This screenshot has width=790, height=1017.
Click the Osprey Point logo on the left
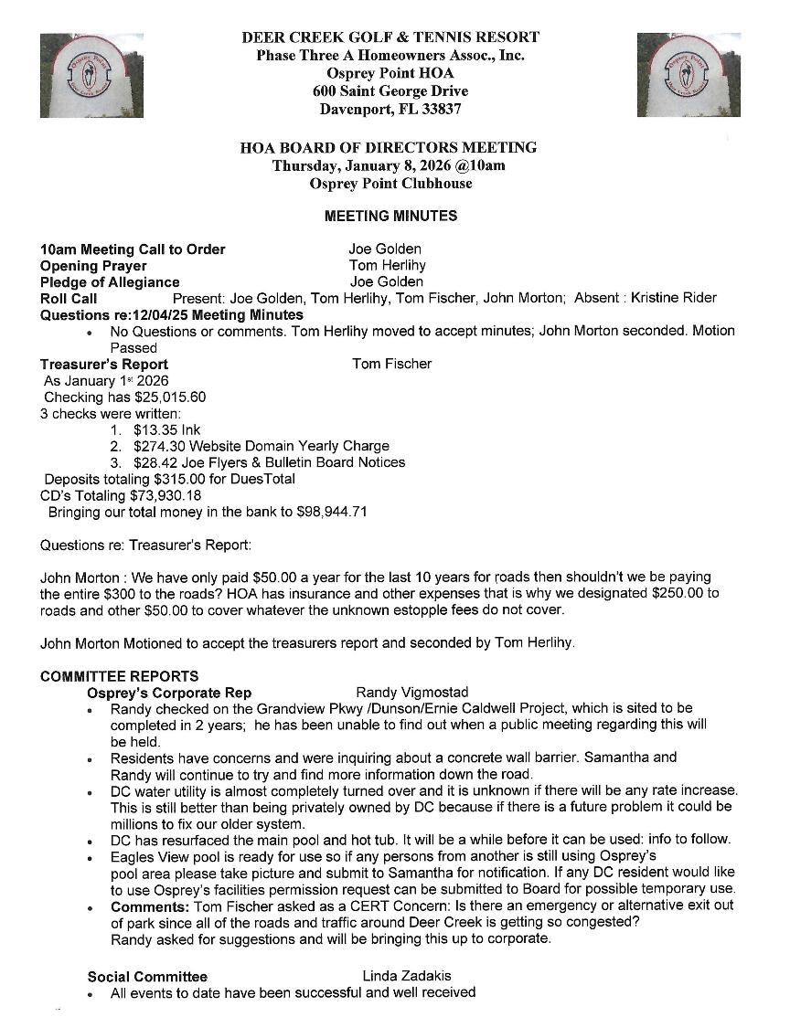click(79, 75)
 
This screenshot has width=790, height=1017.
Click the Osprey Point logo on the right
click(688, 75)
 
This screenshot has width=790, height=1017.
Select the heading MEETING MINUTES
click(390, 217)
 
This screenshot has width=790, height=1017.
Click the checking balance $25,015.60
click(170, 397)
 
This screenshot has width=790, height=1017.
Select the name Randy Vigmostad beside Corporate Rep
click(411, 693)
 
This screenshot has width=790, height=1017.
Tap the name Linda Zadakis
click(407, 976)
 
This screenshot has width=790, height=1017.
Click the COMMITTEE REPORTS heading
click(119, 677)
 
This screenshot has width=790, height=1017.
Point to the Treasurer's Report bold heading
click(104, 364)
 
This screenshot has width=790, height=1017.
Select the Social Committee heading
click(147, 977)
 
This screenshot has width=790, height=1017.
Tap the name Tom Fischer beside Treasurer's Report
click(391, 364)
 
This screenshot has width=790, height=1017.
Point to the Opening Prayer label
click(93, 266)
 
